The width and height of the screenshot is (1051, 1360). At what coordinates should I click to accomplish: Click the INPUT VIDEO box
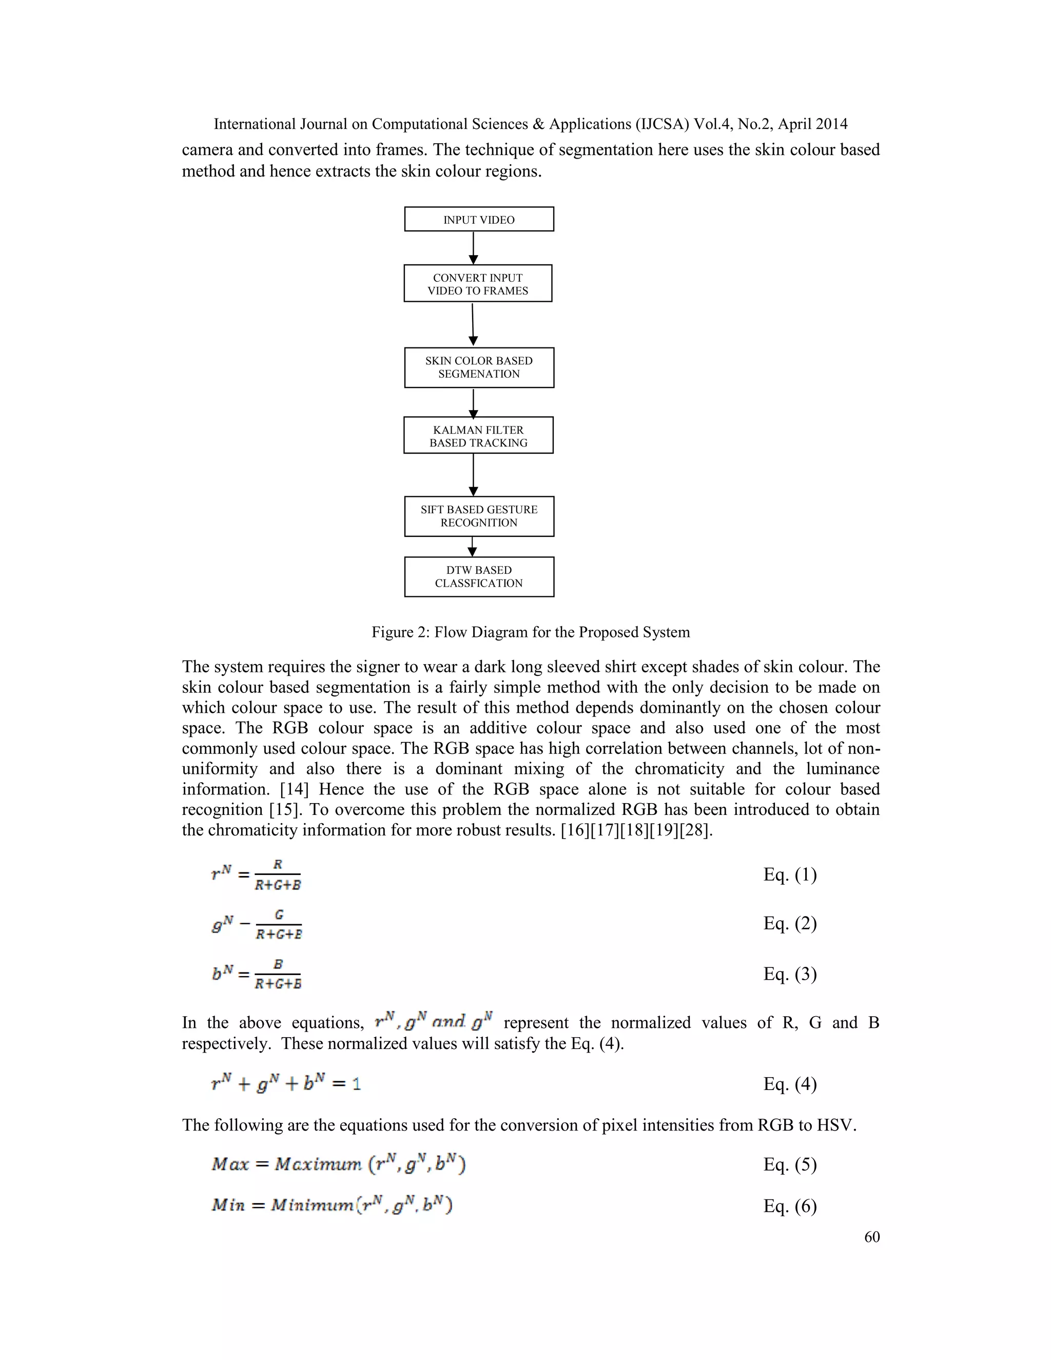(x=479, y=219)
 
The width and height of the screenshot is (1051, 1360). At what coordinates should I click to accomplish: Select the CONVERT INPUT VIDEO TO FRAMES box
(x=478, y=284)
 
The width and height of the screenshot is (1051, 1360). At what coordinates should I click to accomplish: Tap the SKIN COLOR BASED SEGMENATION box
(x=479, y=367)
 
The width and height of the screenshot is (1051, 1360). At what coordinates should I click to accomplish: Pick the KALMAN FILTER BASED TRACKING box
(x=478, y=436)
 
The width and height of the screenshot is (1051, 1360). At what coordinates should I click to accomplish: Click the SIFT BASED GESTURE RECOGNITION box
(x=479, y=516)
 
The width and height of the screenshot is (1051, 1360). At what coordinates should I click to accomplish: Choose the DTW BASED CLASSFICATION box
(x=479, y=577)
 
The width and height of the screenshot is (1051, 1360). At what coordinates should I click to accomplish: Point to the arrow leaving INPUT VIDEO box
(x=473, y=248)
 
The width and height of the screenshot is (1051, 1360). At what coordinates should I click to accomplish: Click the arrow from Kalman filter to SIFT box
(x=473, y=475)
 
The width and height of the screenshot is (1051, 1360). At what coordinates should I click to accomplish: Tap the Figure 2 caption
(x=531, y=632)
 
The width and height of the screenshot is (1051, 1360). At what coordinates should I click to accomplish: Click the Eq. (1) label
(x=789, y=875)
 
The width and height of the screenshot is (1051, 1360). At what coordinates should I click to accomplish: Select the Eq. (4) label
(x=789, y=1084)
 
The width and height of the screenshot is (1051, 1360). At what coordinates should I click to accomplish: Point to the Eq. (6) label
(x=789, y=1206)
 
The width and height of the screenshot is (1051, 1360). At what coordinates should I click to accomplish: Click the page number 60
(x=872, y=1237)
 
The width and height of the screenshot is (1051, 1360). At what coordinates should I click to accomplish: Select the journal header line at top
(x=531, y=124)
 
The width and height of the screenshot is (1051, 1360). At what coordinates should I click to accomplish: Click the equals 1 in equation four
(x=347, y=1084)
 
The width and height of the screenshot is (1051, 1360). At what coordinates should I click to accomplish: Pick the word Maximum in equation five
(x=318, y=1164)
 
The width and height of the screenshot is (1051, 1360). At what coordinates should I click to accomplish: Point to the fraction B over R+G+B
(x=278, y=975)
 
